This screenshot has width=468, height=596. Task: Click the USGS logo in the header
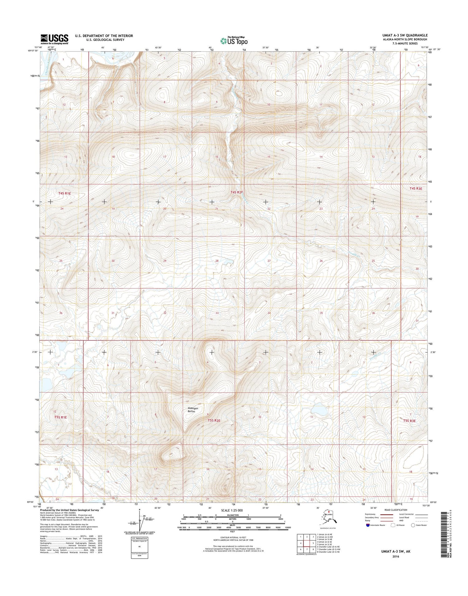click(x=54, y=39)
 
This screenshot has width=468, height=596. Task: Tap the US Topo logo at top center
click(x=234, y=41)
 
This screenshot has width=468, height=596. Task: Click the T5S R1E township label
click(x=61, y=417)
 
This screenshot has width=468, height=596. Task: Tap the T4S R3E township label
click(x=416, y=188)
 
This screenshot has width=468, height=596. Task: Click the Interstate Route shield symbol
click(x=368, y=525)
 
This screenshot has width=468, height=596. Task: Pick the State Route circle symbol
click(x=413, y=525)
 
